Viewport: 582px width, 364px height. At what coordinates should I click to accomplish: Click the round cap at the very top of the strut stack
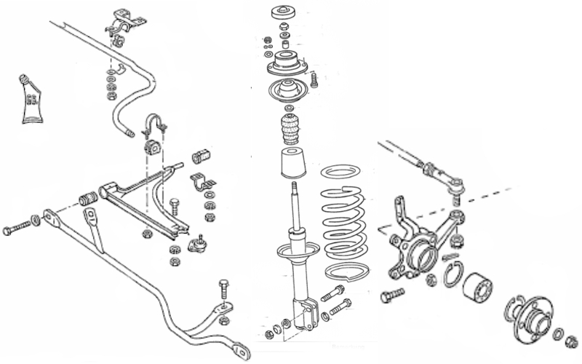pos(283,13)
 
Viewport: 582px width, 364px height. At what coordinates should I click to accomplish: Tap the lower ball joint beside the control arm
pos(196,244)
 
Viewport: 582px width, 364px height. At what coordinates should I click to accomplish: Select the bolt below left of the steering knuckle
pos(391,296)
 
